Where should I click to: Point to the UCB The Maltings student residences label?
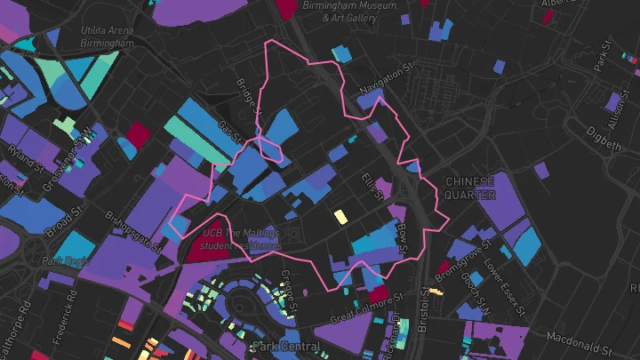coord(240,238)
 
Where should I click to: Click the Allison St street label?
coord(610,109)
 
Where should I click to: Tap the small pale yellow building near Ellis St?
coord(340,215)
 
